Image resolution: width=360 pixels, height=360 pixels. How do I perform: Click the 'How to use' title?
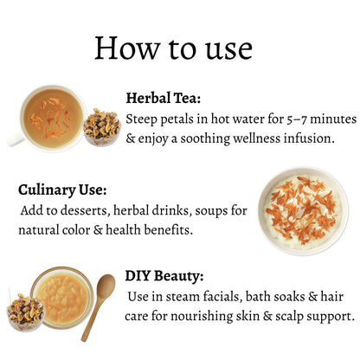point(174,48)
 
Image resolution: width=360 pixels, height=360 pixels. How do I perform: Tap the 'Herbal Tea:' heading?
point(164,98)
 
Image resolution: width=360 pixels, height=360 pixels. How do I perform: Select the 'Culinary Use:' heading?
point(62,190)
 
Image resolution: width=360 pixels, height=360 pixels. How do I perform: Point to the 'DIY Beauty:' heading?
point(164,276)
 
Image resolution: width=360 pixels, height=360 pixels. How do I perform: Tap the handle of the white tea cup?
point(15,139)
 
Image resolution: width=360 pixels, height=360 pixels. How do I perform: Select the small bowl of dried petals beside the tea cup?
point(102,127)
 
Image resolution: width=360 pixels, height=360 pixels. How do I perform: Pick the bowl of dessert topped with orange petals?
point(304,211)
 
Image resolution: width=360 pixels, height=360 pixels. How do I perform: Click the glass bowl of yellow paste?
point(63,298)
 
